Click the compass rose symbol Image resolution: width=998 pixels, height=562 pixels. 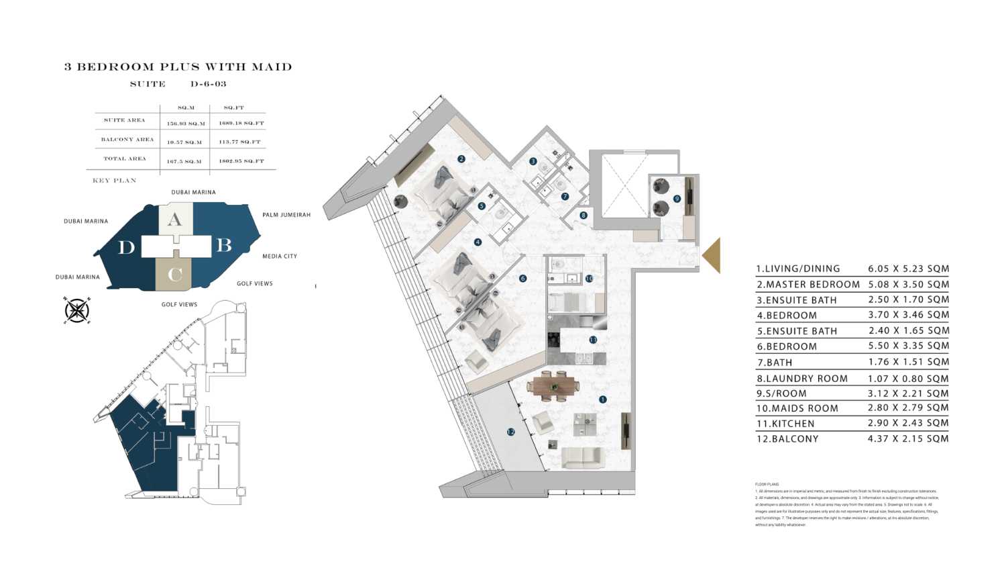point(77,310)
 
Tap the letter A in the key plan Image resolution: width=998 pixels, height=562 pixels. point(174,220)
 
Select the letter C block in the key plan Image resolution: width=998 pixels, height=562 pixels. point(174,274)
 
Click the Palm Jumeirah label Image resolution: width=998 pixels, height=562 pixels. point(286,215)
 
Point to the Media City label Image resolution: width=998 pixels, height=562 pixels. point(280,256)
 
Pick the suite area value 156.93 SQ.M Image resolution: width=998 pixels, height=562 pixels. point(185,124)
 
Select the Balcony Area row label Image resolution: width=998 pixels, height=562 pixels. point(127,140)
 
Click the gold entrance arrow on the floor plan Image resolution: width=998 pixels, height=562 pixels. point(712,255)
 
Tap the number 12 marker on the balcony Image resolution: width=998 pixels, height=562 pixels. point(510,432)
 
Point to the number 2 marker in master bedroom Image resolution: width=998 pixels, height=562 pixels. point(461,159)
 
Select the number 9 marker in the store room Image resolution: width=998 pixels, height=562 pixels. point(677,198)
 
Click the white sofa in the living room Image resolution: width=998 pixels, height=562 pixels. point(582,458)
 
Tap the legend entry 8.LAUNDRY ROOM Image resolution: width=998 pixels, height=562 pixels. point(802,378)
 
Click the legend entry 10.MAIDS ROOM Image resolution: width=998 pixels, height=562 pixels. point(797,408)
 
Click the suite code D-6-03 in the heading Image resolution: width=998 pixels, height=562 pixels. point(209,84)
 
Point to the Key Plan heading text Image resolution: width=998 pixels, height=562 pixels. point(115,181)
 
